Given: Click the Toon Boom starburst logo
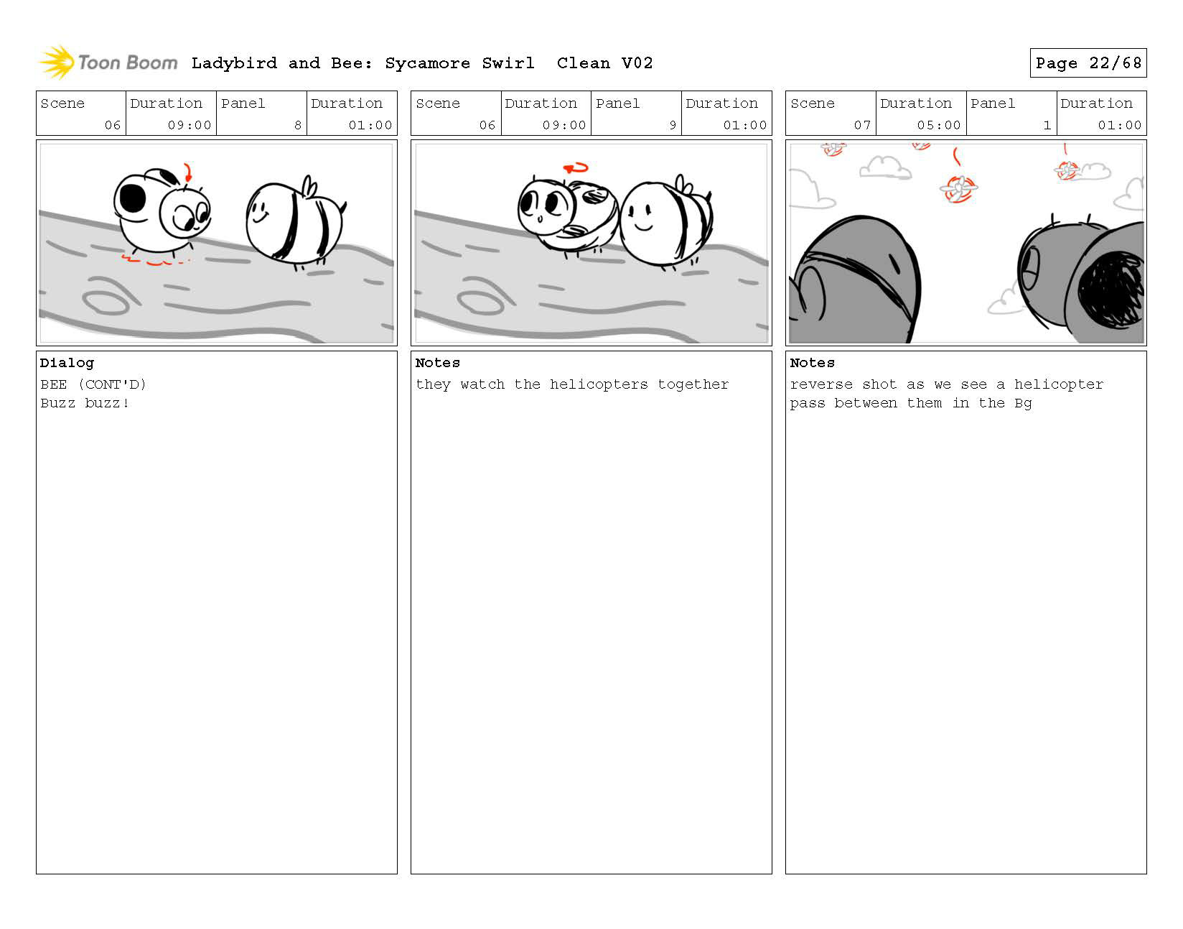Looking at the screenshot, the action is click(57, 62).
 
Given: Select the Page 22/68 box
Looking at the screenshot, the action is click(1088, 63).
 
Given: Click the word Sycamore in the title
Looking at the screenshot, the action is click(427, 63).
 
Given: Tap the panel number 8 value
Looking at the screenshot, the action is click(298, 125).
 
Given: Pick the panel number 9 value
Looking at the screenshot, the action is click(673, 125).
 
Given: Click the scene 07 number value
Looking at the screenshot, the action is click(862, 125).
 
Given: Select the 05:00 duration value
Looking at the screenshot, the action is click(938, 125).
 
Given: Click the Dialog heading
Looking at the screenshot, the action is click(67, 363).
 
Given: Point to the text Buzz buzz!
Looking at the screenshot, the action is click(85, 403).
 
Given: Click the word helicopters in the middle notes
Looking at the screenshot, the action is click(598, 384).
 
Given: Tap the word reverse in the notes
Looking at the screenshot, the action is click(821, 384).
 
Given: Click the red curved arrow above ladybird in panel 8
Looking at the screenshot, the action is click(188, 172).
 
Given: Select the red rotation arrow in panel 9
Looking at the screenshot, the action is click(576, 168).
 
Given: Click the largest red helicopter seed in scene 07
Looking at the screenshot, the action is click(958, 188).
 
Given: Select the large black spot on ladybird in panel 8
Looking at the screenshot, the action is click(132, 198).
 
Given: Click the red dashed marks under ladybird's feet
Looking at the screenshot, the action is click(154, 260).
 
